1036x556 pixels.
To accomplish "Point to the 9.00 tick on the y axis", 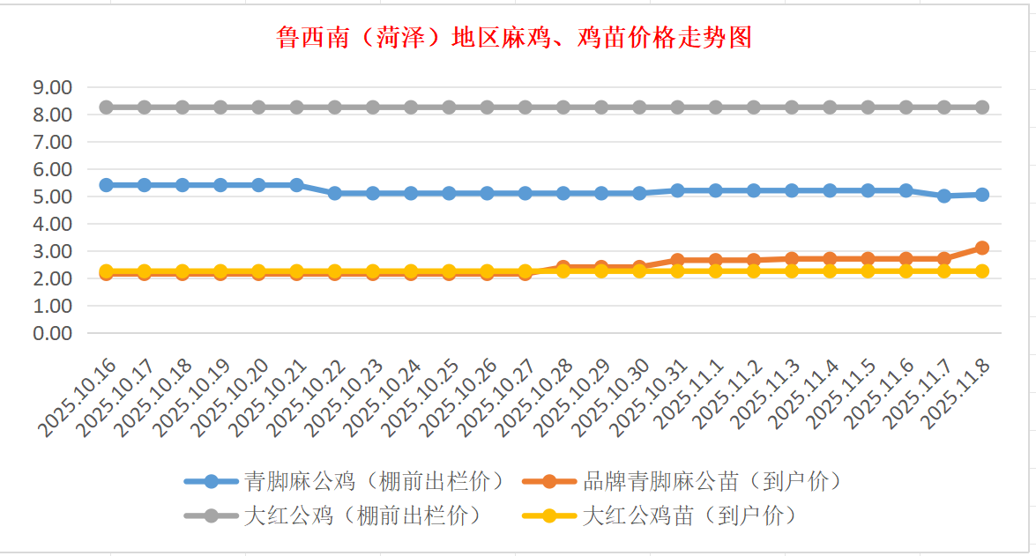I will tap(52, 87).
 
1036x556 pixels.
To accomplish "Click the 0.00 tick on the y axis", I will tap(52, 333).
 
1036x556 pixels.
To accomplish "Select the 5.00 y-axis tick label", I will tap(52, 196).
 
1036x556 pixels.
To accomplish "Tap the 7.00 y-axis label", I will tap(52, 142).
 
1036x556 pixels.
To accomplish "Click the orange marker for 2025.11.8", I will tap(981, 248).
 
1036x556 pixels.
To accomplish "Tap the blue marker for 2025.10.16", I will tap(106, 185).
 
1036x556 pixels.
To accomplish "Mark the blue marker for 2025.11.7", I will tap(943, 196).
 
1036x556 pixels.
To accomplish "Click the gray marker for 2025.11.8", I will tap(981, 107).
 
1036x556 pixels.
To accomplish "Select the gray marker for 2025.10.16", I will tap(106, 107).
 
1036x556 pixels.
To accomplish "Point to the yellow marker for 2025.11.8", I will tap(981, 271).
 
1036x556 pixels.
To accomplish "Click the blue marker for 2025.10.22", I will tap(334, 193).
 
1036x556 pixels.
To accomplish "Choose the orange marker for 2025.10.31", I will tap(677, 260).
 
